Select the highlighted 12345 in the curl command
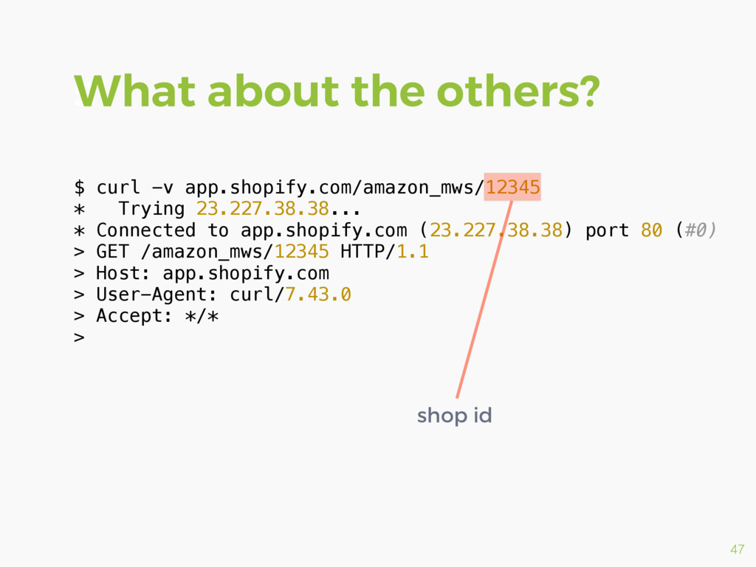click(x=512, y=187)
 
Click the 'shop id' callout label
click(x=454, y=416)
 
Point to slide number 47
click(x=737, y=549)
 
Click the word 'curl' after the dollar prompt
click(x=118, y=188)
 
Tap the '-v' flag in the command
click(x=162, y=188)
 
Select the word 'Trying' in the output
click(x=151, y=209)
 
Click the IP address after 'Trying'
click(x=262, y=209)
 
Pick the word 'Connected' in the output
click(x=145, y=230)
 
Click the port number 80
click(x=651, y=230)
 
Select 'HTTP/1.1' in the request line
click(x=384, y=252)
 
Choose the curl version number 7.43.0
click(x=318, y=295)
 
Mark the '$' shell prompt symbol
click(x=80, y=188)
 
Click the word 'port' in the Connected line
click(x=607, y=230)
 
